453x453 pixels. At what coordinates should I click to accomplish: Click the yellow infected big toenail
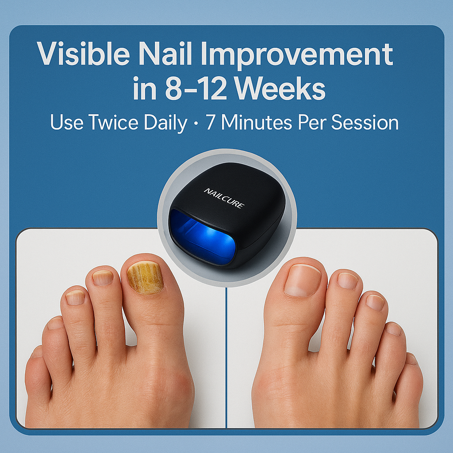146,277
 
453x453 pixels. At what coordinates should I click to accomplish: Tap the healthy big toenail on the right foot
303,280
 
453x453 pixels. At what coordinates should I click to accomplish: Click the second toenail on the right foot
347,280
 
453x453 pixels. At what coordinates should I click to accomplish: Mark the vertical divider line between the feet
226,354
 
